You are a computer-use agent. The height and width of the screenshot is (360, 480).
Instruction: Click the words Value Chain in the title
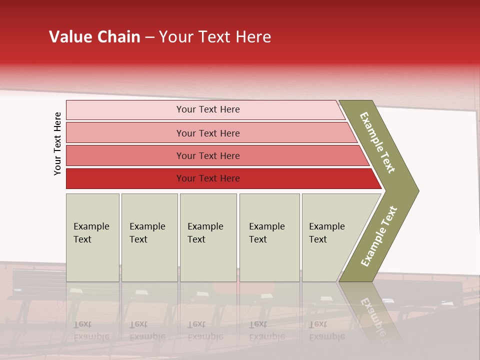click(x=94, y=37)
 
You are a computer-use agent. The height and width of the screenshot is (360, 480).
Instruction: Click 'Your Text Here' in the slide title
click(x=215, y=37)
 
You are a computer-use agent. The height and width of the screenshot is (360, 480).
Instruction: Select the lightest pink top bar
click(x=125, y=110)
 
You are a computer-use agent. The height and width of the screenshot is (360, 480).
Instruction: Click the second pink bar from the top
click(x=125, y=133)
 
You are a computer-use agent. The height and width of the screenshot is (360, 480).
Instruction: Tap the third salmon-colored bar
click(x=125, y=155)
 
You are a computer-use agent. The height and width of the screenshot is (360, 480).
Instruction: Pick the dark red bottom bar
click(x=125, y=178)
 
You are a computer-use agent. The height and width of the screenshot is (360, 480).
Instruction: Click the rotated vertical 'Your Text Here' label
click(x=57, y=144)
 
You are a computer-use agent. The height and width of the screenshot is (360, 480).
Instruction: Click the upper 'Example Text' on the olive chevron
click(x=377, y=142)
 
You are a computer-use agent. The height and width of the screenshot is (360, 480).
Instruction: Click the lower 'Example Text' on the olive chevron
click(x=379, y=236)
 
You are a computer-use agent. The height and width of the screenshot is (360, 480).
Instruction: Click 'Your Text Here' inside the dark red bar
click(x=208, y=178)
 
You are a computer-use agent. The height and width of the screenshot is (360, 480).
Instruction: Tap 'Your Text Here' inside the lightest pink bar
click(x=208, y=109)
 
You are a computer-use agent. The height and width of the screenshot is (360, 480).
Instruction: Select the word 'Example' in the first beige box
click(x=91, y=226)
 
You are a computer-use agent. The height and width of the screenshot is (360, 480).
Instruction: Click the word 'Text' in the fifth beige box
click(x=318, y=239)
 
